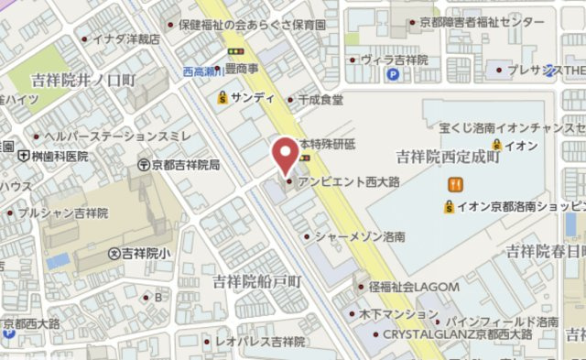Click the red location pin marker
tap(288, 154)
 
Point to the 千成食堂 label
tap(320, 99)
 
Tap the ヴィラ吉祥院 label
tap(395, 60)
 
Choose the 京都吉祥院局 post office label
tap(186, 165)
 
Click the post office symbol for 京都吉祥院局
tap(144, 165)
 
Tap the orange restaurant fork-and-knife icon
tap(453, 185)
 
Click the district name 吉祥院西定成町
tap(448, 157)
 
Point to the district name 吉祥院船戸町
tap(256, 280)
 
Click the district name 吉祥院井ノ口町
tap(82, 81)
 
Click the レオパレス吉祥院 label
tap(260, 342)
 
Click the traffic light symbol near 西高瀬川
tap(238, 52)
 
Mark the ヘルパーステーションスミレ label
tap(112, 136)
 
